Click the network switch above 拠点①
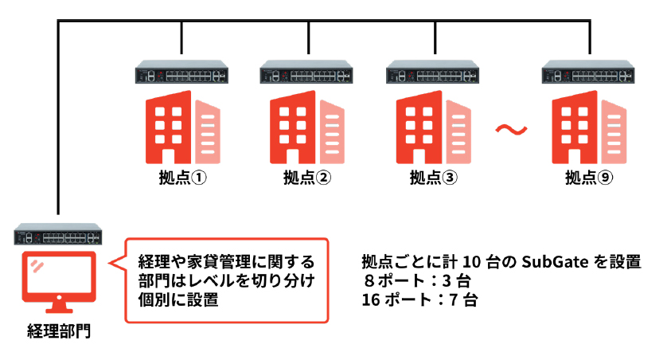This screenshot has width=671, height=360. tap(182, 74)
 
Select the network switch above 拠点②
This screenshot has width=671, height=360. tap(308, 74)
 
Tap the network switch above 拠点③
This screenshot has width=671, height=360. tap(434, 74)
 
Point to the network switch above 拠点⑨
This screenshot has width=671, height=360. tap(590, 74)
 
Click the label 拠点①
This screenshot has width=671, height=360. tap(183, 178)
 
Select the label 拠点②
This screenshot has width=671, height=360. tap(307, 178)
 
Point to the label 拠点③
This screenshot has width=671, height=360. tap(433, 178)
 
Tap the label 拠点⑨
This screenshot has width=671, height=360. tap(589, 178)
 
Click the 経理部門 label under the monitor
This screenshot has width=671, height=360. tap(59, 331)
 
